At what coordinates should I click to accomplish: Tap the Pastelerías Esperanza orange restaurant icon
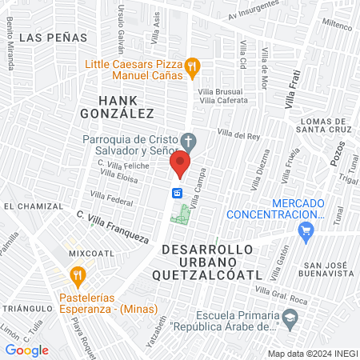tap(78, 276)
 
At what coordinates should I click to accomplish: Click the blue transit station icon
tap(178, 193)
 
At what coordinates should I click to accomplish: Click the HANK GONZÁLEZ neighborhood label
tap(119, 106)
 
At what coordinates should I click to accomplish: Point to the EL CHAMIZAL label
tap(30, 206)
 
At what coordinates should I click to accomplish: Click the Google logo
tap(26, 350)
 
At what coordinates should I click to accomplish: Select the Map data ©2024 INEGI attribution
tap(311, 354)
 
